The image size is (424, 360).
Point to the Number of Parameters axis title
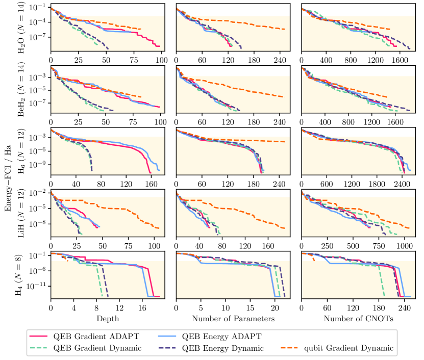tap(233, 319)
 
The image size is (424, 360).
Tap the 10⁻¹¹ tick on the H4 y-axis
tap(39, 286)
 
